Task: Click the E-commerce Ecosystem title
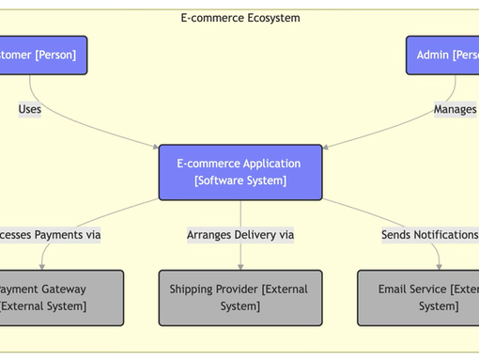click(239, 18)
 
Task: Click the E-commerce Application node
click(239, 172)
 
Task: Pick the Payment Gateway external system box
click(60, 298)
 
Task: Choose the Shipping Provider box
click(239, 298)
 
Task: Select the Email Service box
click(419, 298)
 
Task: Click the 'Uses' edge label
click(29, 109)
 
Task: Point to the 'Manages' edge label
click(456, 109)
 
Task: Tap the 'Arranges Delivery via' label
click(239, 235)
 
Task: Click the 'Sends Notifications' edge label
click(430, 235)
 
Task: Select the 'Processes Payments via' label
click(49, 235)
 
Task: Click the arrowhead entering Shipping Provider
click(239, 267)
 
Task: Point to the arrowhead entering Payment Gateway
click(42, 267)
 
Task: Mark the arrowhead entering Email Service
click(439, 267)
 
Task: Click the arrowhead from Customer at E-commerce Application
click(156, 147)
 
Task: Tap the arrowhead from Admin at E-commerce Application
click(324, 147)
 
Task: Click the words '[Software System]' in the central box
click(239, 181)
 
